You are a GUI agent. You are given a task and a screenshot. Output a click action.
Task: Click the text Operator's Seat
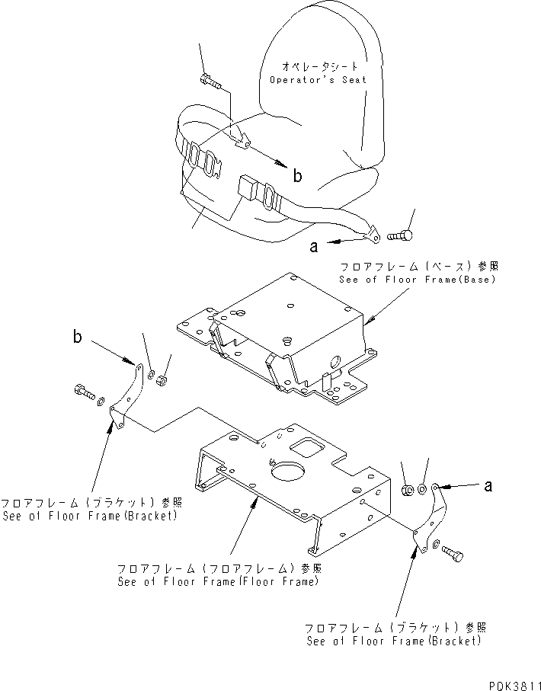click(318, 79)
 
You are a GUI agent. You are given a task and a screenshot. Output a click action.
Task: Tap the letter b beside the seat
click(298, 176)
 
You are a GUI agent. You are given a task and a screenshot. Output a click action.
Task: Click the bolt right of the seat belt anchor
click(402, 236)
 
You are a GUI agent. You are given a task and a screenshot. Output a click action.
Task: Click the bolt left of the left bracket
click(82, 393)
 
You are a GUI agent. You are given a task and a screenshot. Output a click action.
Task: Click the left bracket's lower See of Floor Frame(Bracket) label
click(89, 515)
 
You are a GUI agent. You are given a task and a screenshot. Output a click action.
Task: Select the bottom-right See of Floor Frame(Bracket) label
click(394, 640)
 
